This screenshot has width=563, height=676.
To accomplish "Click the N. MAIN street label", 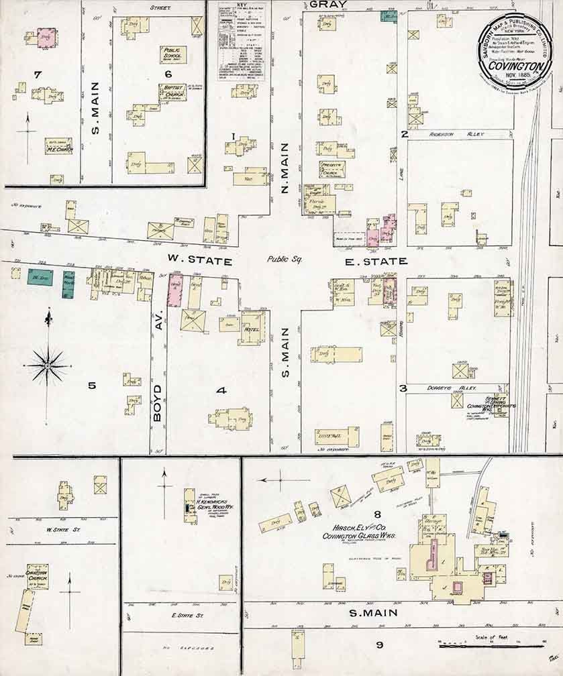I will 284,171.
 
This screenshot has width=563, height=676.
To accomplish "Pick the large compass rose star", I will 48,365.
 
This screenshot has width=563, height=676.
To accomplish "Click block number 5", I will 92,386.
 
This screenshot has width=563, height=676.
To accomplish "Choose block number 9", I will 379,645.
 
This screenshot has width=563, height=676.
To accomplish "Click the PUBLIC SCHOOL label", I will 172,53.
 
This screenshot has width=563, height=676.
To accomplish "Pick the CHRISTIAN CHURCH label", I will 37,574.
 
